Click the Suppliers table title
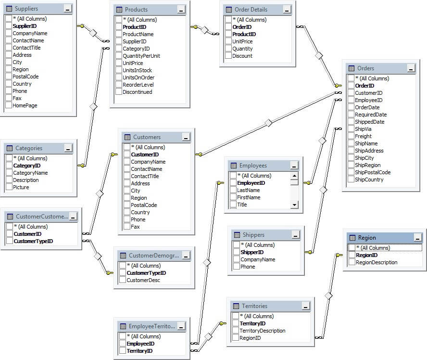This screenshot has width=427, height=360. (26, 9)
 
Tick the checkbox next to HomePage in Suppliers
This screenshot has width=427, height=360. (9, 105)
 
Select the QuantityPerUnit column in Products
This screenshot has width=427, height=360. (141, 56)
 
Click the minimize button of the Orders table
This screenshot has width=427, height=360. (410, 68)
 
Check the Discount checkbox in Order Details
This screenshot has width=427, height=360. (228, 56)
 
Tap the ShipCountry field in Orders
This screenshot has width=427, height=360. (369, 180)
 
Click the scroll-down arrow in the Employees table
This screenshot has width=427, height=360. (294, 205)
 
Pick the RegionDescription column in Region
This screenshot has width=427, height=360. (377, 262)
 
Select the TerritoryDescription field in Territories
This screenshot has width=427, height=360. (263, 331)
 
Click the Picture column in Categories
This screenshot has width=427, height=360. (21, 187)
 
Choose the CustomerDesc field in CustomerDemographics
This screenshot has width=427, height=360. (143, 280)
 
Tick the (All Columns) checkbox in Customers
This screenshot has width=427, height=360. (127, 147)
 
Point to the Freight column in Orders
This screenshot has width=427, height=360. (363, 136)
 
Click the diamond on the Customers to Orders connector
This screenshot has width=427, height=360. (269, 123)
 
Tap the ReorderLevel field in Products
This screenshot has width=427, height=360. (138, 85)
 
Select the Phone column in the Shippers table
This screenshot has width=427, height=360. (248, 267)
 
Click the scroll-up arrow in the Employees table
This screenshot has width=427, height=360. (294, 176)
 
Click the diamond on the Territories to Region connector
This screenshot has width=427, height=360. (328, 295)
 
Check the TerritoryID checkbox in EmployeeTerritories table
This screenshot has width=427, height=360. (123, 351)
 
